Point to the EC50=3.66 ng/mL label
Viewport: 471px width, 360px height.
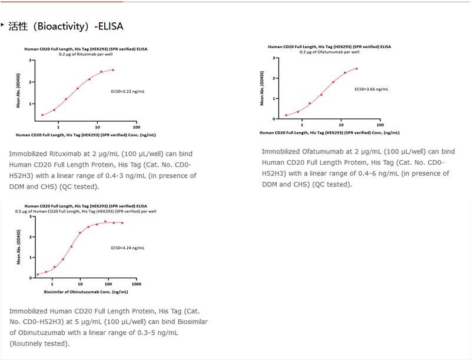pyautogui.click(x=371, y=89)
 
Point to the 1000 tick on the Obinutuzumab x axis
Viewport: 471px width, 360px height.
pyautogui.click(x=135, y=284)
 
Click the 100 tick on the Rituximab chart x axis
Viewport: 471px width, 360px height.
pyautogui.click(x=136, y=128)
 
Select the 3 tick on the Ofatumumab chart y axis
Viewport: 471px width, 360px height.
pyautogui.click(x=275, y=59)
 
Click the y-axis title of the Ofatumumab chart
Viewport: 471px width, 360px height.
pyautogui.click(x=261, y=88)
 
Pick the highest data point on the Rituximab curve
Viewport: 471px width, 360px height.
pyautogui.click(x=113, y=70)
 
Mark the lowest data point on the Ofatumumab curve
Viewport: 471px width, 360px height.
pyautogui.click(x=286, y=115)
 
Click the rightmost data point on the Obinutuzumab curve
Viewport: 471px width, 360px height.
pyautogui.click(x=122, y=223)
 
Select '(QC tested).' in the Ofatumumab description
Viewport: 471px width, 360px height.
pyautogui.click(x=333, y=185)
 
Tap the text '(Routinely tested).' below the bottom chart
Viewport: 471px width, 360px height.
pyautogui.click(x=39, y=344)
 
